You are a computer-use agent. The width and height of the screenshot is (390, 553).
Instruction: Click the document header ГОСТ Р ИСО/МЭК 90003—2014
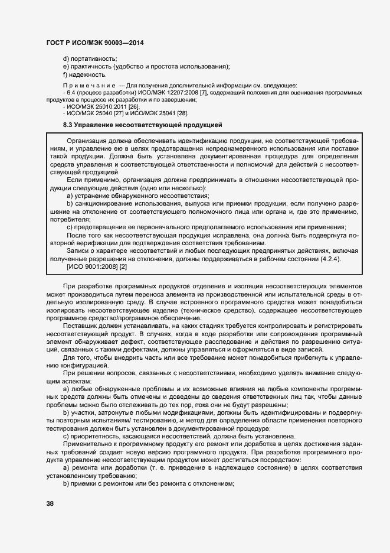pos(94,43)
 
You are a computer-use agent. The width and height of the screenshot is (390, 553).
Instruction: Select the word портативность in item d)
pos(92,58)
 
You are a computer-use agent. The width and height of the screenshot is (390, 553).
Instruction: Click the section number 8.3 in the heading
pos(68,125)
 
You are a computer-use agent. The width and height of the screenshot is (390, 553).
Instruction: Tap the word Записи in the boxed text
pos(78,251)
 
